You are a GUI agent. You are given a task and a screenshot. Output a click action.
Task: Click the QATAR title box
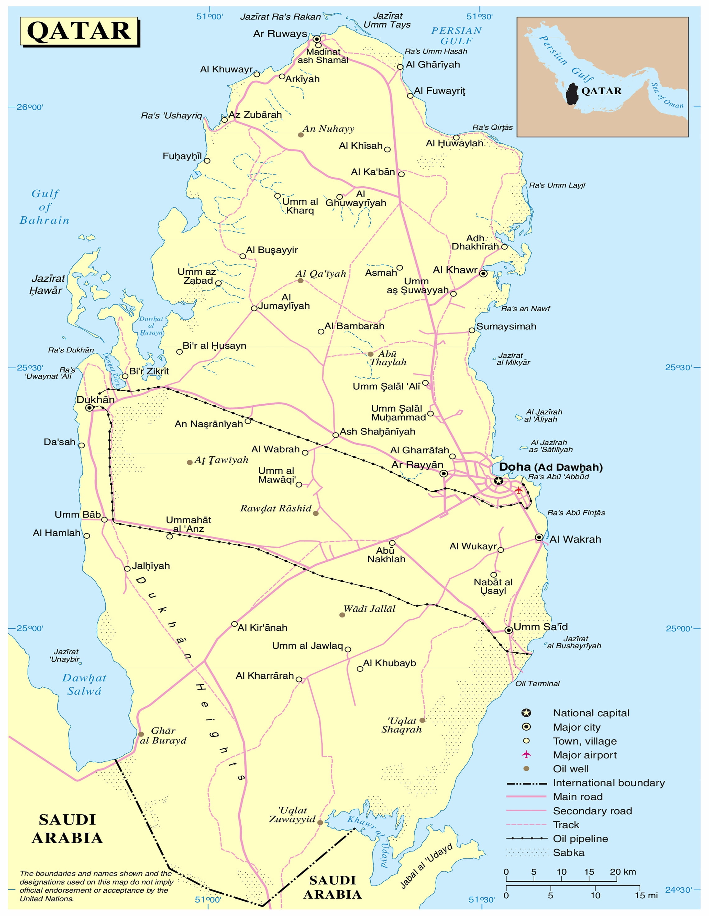tap(79, 31)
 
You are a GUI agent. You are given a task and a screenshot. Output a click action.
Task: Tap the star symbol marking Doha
tap(498, 481)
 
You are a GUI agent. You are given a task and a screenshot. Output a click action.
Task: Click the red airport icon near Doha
tap(519, 490)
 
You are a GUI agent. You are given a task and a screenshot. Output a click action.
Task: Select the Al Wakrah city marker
tap(539, 537)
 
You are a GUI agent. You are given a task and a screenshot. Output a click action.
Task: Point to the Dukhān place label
tap(95, 400)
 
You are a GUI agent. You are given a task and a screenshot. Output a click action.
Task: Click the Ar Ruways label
tap(280, 34)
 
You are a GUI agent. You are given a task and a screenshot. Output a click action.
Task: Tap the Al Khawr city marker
tap(484, 273)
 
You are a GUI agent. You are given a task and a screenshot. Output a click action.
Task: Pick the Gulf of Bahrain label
tap(45, 207)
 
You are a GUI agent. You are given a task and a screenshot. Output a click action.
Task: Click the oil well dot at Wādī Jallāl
tap(342, 615)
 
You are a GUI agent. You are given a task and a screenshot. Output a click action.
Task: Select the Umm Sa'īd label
tap(540, 627)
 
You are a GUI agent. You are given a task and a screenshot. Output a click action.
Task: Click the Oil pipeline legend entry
tap(580, 839)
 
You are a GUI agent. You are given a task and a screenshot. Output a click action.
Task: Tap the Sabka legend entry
tap(568, 852)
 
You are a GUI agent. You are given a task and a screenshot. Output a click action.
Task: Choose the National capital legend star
tap(526, 713)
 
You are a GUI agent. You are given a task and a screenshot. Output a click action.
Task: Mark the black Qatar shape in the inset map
tap(572, 94)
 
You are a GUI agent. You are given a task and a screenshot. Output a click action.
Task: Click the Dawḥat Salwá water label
tap(84, 685)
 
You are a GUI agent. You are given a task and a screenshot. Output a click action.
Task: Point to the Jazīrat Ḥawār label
tap(47, 284)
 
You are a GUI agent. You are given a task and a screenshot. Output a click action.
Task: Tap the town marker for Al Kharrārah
tap(299, 679)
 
